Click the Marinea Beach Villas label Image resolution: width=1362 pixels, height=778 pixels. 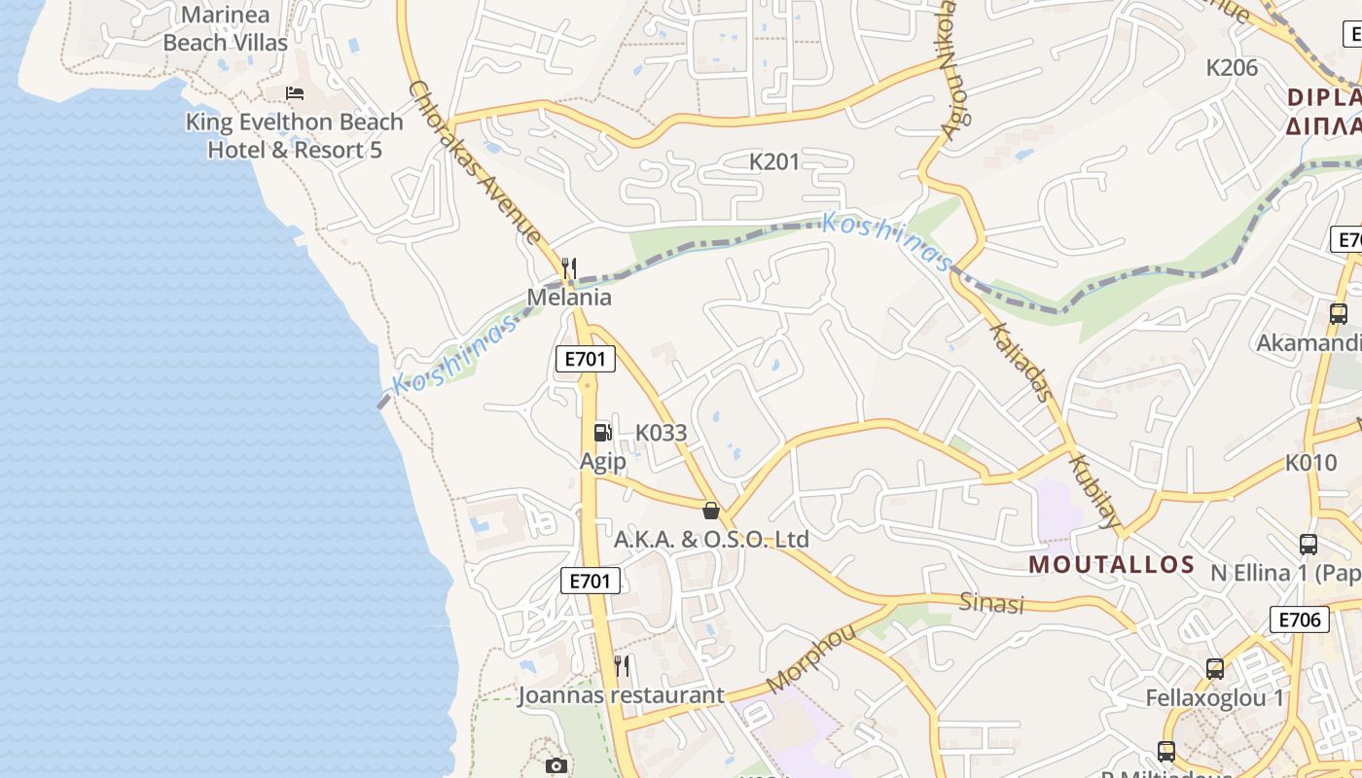click(x=226, y=29)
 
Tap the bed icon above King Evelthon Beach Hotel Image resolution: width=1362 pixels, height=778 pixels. click(x=295, y=93)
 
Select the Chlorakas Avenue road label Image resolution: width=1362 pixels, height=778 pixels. click(x=474, y=160)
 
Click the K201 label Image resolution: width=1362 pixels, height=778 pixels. click(x=774, y=161)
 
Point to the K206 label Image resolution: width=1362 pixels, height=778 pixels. click(x=1232, y=68)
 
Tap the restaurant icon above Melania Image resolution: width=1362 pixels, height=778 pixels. click(x=570, y=267)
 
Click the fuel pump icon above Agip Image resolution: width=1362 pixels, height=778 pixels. click(x=603, y=433)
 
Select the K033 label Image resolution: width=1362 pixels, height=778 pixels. click(x=662, y=433)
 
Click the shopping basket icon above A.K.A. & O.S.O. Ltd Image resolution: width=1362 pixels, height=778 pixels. click(x=711, y=511)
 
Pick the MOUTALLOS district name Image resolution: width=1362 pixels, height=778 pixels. click(x=1112, y=564)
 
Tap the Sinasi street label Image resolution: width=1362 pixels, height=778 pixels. click(x=992, y=603)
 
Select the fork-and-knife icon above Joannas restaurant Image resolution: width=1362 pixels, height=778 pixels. click(x=622, y=666)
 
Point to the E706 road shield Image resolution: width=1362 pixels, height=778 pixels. click(x=1299, y=619)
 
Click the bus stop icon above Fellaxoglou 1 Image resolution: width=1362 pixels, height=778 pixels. click(x=1215, y=669)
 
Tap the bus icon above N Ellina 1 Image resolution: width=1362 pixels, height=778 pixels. click(x=1308, y=545)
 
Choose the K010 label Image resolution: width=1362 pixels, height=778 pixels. click(x=1311, y=463)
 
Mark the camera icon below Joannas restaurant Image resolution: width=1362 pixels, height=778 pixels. click(x=556, y=766)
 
